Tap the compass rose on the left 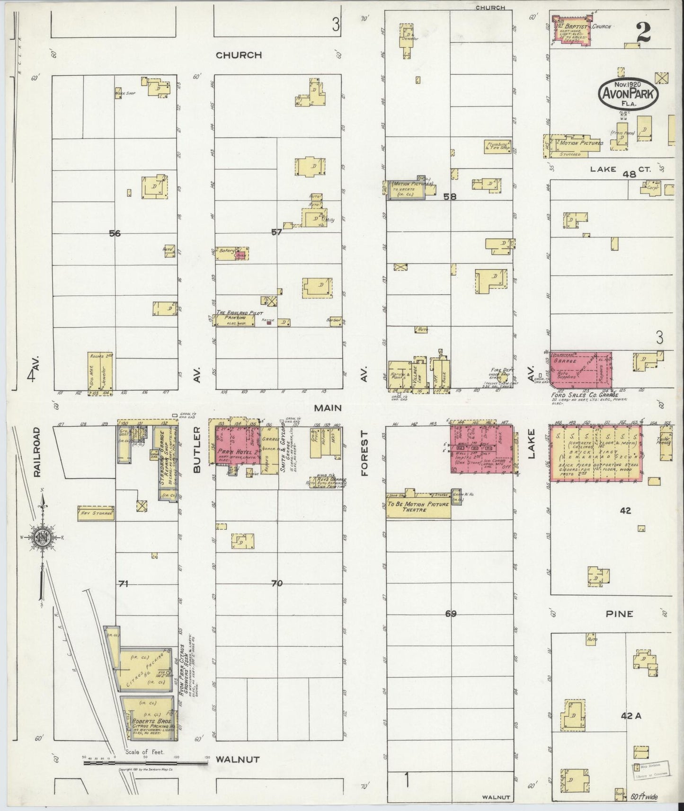click(43, 537)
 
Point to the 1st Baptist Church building click(573, 29)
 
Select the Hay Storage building click(96, 513)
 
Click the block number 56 click(115, 233)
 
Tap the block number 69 click(451, 614)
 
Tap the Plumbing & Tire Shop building click(497, 146)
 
